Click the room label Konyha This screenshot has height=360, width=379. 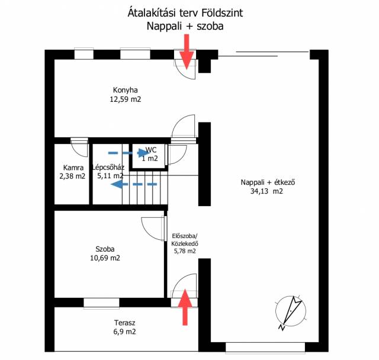coord(125,91)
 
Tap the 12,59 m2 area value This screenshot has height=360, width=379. coord(125,99)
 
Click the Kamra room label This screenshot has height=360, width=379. coord(73,168)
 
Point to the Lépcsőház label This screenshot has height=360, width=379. coord(108,168)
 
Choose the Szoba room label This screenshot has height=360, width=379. coord(105,249)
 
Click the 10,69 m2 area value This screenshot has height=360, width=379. coord(105,258)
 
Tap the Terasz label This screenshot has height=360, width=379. coord(125,323)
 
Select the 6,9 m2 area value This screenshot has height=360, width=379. coord(125,332)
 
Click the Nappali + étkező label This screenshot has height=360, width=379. coord(268,182)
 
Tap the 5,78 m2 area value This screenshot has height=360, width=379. coord(184,251)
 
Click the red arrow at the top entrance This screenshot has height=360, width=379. coord(187,52)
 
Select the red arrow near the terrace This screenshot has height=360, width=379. coord(185,307)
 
